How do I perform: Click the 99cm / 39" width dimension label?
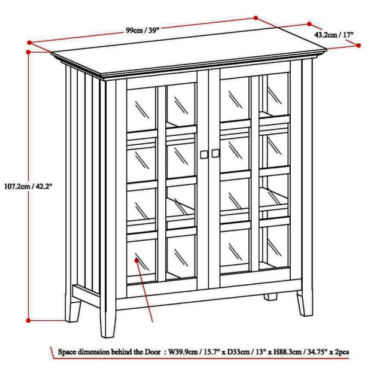tap(142, 31)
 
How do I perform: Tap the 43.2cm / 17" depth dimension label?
tap(334, 35)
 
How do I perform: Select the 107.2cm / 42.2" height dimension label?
tap(28, 186)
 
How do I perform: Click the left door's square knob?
tap(204, 154)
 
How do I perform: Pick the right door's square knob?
tap(215, 153)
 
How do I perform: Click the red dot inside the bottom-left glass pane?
tap(136, 261)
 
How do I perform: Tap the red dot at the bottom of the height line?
tap(28, 321)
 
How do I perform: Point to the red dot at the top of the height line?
tap(28, 52)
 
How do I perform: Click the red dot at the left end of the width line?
tap(29, 42)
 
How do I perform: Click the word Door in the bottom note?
tap(153, 352)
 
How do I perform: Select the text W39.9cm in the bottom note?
tap(184, 352)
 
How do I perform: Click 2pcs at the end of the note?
tap(342, 352)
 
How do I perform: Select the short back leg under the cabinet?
tap(270, 297)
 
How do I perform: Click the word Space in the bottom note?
tap(66, 352)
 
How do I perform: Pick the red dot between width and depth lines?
tap(256, 18)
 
